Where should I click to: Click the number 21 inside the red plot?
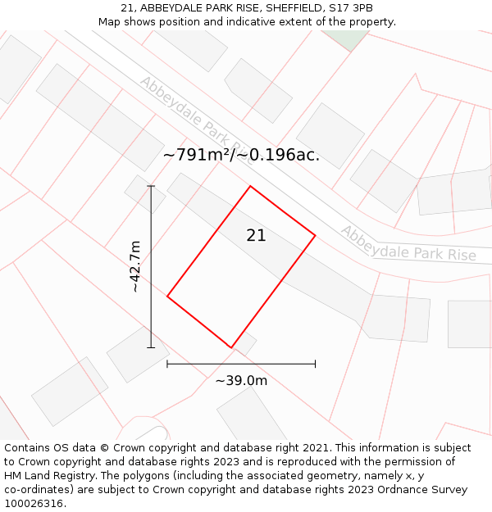coord(256,236)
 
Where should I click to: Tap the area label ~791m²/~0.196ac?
coord(241,155)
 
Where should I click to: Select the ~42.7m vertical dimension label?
coord(135,266)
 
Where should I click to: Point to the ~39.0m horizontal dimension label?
coord(241,381)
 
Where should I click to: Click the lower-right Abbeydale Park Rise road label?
coord(408,244)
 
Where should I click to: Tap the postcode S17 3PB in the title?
coord(353,8)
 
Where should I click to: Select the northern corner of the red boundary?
coord(250,187)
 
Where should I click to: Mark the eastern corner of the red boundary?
coord(315,236)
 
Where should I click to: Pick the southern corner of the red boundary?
coord(230,347)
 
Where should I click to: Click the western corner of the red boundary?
coord(167,296)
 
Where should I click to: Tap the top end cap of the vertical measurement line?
coord(151,187)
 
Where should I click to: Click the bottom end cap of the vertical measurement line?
coord(151,347)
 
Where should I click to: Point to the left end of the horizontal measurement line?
coord(167,363)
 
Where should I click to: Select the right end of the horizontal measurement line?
coord(315,363)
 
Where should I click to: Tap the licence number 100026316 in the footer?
coord(34,504)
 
